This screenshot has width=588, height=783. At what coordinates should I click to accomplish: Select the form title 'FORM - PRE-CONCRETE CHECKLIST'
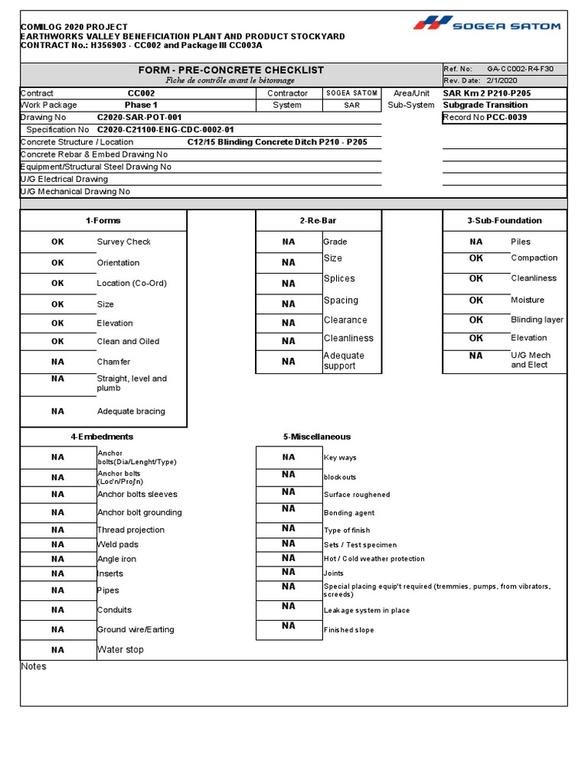231,70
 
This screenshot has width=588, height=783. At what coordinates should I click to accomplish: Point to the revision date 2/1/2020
502,80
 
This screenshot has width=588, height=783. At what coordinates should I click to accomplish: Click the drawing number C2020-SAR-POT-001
139,118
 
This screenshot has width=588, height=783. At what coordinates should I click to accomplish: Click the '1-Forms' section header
103,220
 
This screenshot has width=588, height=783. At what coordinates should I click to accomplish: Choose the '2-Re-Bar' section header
318,220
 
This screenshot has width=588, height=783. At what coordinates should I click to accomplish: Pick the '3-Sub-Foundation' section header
505,220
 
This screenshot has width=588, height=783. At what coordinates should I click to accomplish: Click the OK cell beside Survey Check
58,242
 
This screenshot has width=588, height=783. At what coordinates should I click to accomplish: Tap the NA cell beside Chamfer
58,362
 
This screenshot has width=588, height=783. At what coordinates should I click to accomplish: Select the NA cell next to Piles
476,242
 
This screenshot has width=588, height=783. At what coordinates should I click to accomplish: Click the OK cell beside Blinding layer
476,320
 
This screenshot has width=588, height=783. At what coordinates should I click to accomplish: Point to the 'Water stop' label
120,650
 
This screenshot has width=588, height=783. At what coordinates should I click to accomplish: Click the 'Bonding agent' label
349,513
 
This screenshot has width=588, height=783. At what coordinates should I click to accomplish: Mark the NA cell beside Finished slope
289,626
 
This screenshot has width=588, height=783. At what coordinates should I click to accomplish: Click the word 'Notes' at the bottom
34,667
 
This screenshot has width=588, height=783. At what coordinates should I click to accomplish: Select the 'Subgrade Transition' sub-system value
485,105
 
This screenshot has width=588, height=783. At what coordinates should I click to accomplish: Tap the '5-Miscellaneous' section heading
317,437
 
